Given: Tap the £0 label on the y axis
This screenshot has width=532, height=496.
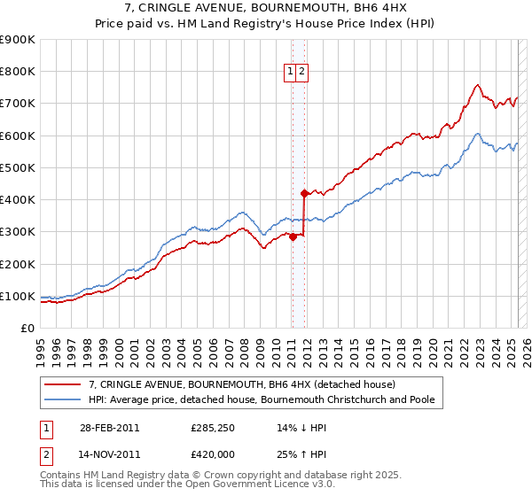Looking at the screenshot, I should [27, 328].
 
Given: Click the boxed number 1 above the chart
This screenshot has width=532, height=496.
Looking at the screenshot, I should [292, 73].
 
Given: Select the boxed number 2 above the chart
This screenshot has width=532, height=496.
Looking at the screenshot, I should [302, 73].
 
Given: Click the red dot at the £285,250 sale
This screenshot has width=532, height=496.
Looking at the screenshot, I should [293, 236].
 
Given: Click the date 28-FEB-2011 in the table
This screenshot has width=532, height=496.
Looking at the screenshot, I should [107, 429].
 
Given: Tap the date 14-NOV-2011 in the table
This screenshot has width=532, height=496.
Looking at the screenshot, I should [108, 456].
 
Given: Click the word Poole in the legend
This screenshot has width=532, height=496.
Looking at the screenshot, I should [421, 399].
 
